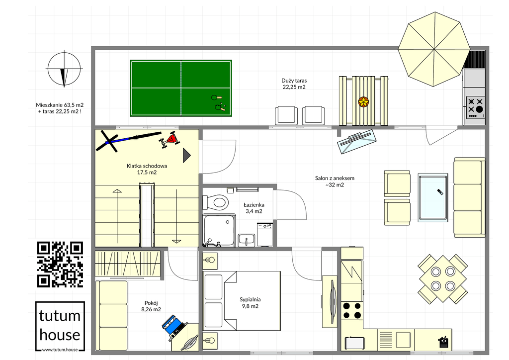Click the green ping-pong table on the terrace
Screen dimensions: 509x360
181,88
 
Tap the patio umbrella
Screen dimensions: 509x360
434,49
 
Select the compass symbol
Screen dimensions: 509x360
64,69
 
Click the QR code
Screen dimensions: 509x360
60,264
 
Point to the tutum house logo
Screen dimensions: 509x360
60,326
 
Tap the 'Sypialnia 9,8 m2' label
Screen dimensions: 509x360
250,303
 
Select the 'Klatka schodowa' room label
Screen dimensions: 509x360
147,166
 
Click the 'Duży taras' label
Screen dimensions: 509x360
294,81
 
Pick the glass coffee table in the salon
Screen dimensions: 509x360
433,198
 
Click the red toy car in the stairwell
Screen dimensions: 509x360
169,140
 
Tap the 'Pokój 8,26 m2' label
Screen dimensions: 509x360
151,306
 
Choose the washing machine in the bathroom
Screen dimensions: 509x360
265,234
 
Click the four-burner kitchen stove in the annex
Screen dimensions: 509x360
352,310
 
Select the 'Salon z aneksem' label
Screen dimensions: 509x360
335,178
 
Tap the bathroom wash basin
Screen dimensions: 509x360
247,240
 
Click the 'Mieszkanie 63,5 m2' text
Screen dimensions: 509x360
60,105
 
